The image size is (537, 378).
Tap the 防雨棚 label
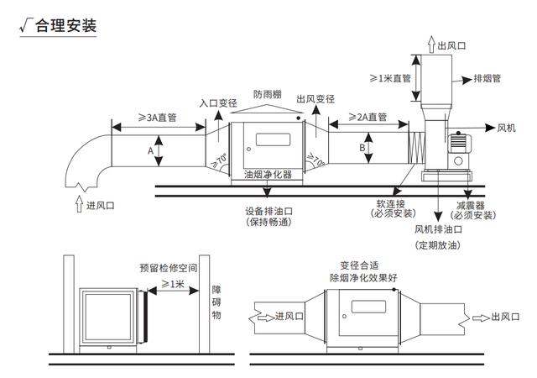268,95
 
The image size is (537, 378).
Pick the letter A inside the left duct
150,151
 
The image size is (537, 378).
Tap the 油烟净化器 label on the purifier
268,176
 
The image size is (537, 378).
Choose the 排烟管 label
487,79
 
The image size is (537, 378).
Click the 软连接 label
389,203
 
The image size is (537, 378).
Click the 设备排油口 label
268,211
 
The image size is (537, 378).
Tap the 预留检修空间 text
169,268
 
